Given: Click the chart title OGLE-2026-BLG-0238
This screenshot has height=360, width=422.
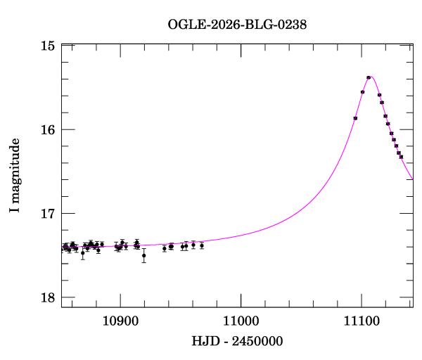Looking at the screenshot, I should [237, 25].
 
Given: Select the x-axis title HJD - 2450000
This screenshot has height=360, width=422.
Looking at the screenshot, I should [237, 341].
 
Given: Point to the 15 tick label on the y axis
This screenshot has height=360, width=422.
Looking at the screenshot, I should [48, 46].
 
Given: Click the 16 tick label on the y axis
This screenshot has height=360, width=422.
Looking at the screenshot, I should [48, 129].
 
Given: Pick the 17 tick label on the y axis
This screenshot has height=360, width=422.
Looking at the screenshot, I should [48, 213].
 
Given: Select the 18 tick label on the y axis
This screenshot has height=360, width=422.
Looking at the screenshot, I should [48, 297].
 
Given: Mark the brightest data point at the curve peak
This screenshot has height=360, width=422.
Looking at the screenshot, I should [369, 77].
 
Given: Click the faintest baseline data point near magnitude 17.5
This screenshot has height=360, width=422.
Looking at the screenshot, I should [143, 255].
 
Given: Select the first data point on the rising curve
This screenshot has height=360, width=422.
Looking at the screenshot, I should [355, 118].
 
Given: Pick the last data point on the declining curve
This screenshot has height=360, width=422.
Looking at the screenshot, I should [401, 157].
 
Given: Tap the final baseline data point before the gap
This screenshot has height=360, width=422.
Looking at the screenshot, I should [202, 245].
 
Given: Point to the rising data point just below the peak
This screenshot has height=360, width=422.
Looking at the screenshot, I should [362, 92].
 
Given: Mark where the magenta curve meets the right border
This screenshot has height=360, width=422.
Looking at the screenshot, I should [413, 179].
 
